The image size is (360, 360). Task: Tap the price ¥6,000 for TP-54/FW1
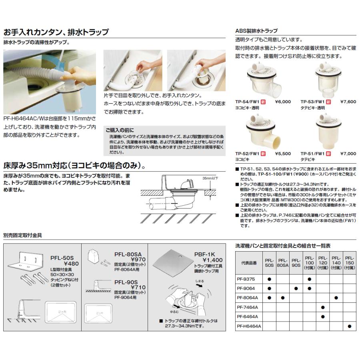point(283,102)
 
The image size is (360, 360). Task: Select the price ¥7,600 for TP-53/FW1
point(348,102)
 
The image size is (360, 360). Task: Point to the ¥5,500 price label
point(283,153)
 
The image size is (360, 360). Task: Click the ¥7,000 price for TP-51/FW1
point(348,153)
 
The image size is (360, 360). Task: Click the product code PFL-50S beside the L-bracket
point(64,258)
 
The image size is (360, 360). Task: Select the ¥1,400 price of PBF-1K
point(212,260)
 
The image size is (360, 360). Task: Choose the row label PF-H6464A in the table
point(248,326)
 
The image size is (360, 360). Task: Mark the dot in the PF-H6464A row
point(349,326)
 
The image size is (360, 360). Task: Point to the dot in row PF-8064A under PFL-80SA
point(282,297)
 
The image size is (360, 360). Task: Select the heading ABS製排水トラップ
point(256,31)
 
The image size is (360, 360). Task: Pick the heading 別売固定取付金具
point(23,236)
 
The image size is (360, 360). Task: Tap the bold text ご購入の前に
point(120,130)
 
